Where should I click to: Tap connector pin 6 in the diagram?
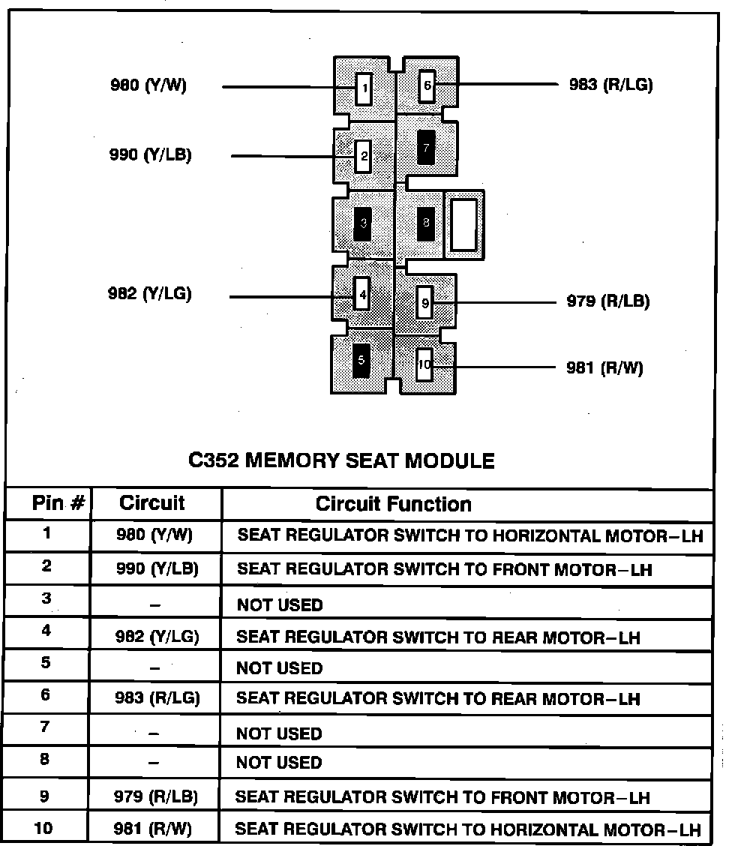coord(427,85)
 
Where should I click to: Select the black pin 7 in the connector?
coord(426,148)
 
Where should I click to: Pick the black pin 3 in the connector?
coord(363,223)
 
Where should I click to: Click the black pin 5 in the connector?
coord(361,361)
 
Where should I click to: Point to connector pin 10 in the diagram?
coord(424,364)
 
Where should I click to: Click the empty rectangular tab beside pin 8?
coord(464,224)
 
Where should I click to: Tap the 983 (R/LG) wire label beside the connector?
coord(610,85)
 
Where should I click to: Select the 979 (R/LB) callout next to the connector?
coord(607,301)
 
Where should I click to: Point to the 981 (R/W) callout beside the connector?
coord(604,368)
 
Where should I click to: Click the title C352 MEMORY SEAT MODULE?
coord(341,460)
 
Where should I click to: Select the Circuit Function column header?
coord(393,504)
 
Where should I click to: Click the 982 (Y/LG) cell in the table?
coord(157,637)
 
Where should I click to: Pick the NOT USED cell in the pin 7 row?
coord(279,733)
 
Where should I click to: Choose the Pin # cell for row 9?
coord(45,796)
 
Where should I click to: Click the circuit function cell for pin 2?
coord(444,569)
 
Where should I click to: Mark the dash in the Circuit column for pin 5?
coord(154,668)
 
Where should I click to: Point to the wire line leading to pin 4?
coord(285,297)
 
